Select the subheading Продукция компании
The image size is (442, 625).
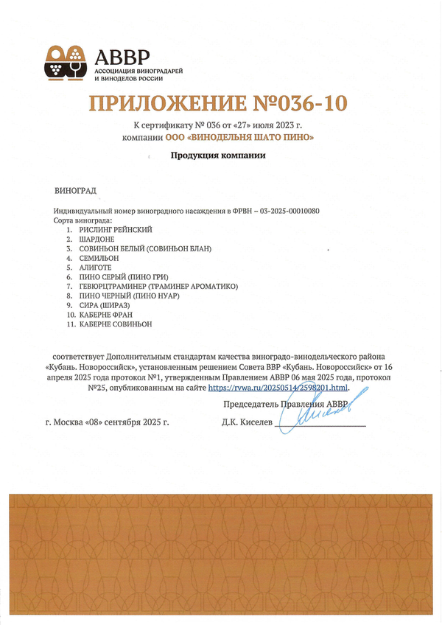217,156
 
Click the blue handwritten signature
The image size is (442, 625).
324,414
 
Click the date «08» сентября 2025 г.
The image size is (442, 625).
130,423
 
